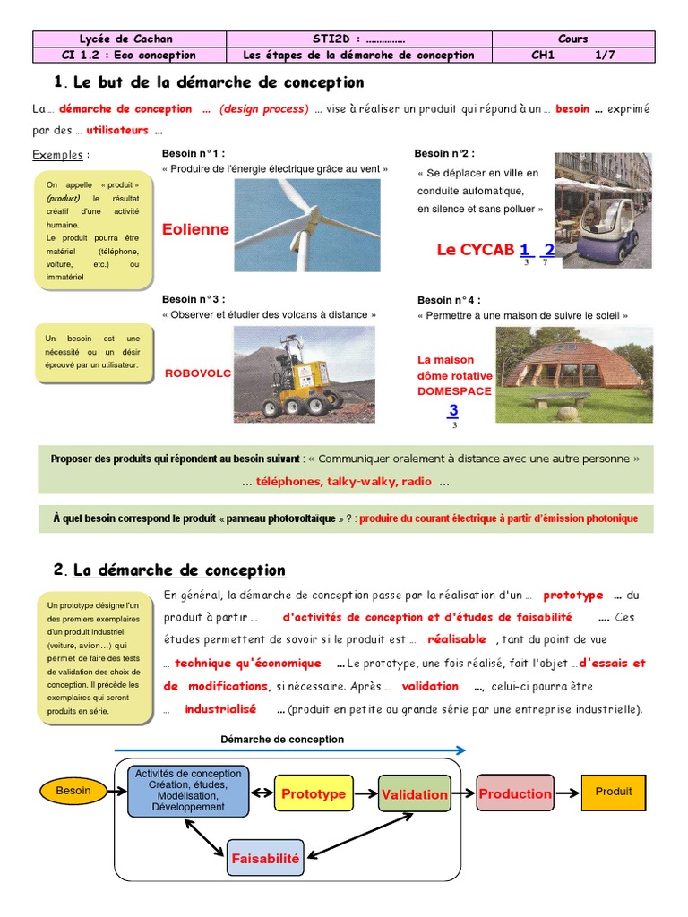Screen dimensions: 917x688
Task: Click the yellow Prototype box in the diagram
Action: coord(314,793)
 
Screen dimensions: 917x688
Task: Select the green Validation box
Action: coord(414,794)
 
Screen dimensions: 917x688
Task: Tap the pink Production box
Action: coord(515,793)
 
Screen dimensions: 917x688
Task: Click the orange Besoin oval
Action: coord(73,791)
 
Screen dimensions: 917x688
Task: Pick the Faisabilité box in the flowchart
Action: coord(265,858)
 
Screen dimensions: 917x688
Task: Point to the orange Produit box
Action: coord(614,792)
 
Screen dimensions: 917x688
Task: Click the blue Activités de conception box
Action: coord(188,790)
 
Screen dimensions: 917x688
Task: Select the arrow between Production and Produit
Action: coord(568,793)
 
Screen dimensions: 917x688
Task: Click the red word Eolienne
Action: coord(195,229)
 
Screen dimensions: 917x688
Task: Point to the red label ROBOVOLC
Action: coord(197,373)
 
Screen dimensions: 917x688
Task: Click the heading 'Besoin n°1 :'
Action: coord(193,153)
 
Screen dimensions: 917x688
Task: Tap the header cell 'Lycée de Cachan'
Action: coord(126,39)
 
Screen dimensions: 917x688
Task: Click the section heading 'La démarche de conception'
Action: coord(179,570)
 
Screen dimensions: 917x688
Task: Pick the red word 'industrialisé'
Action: coord(220,709)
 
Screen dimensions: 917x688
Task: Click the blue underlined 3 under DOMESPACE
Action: coord(453,411)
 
